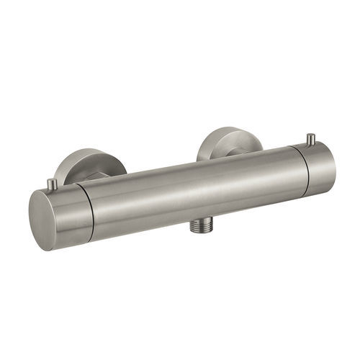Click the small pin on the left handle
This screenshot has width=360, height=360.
(x=53, y=185)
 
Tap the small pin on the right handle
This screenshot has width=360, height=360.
(x=311, y=139)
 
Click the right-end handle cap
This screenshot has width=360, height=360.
(x=317, y=168)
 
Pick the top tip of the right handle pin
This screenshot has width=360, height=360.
(x=311, y=135)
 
